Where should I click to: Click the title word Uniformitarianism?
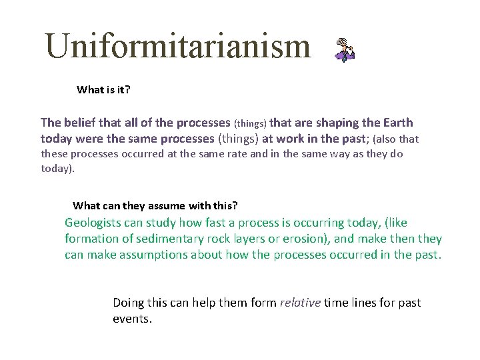click(177, 47)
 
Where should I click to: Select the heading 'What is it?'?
click(103, 89)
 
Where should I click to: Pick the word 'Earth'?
click(398, 123)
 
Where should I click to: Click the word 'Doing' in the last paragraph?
click(129, 303)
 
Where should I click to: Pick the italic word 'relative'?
click(301, 303)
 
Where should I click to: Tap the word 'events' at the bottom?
click(131, 319)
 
